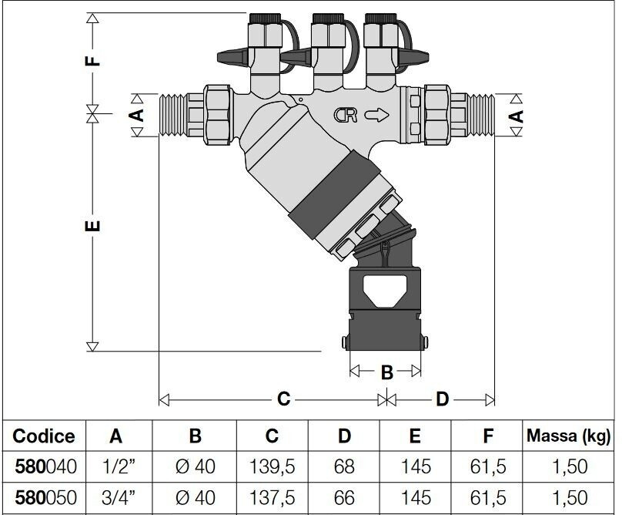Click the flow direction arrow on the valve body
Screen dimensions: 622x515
coord(377,115)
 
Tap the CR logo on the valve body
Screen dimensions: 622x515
coord(346,115)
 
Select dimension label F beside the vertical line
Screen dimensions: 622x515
coord(93,60)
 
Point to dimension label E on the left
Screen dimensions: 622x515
coord(93,226)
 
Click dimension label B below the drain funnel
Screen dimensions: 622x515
coord(386,372)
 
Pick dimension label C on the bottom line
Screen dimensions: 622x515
coord(283,399)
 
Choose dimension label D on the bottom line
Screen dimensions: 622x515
coord(442,399)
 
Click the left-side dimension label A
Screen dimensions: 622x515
coord(137,115)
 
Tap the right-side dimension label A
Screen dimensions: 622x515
coord(516,116)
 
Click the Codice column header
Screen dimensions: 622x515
coord(44,436)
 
